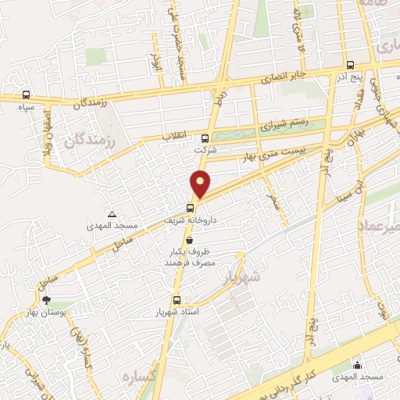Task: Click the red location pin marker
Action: point(201,184)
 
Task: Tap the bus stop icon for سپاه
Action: point(27,93)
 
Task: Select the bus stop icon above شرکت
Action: point(205,139)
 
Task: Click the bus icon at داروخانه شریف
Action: point(190,208)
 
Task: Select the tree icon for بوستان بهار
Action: point(46,299)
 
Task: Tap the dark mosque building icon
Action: point(357,365)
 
